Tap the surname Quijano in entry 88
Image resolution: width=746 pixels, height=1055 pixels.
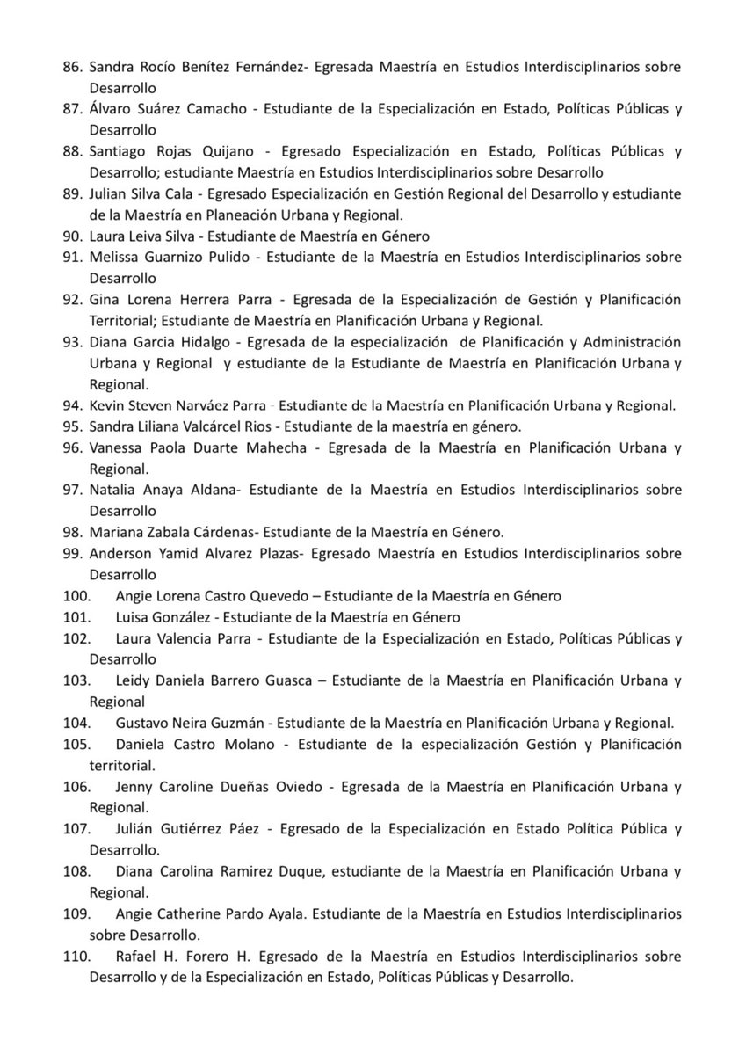point(214,150)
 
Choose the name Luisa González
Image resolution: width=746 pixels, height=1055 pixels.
point(163,617)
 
